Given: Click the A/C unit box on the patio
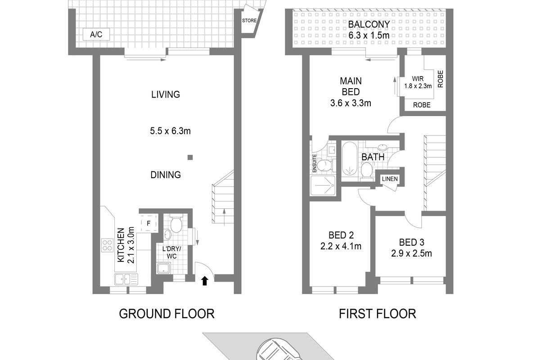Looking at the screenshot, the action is coord(96,34).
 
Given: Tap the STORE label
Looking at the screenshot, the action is coord(249,21).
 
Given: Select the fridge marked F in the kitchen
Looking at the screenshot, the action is coord(148,223).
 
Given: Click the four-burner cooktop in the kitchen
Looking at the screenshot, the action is coord(107,245).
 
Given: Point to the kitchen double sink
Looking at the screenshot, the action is coord(126,279).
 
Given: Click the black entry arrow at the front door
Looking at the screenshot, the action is coord(205,281).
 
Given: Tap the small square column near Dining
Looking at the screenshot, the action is coord(190,157).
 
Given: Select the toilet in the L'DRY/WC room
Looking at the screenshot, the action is coord(176,224).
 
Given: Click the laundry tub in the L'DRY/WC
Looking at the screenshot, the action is coord(164,268).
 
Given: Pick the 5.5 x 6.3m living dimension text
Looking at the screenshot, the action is coord(170,131).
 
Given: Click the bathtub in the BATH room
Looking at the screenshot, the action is coord(350,158).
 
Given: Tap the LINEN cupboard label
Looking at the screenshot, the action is coord(390,179).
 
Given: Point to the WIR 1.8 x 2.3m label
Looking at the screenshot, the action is coord(418,82).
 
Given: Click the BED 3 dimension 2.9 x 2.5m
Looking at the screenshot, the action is coord(411,253).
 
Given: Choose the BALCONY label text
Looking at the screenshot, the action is coord(369,24).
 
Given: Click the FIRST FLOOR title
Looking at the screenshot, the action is coord(378,314).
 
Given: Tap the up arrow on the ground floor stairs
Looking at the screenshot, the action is coord(224,217).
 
